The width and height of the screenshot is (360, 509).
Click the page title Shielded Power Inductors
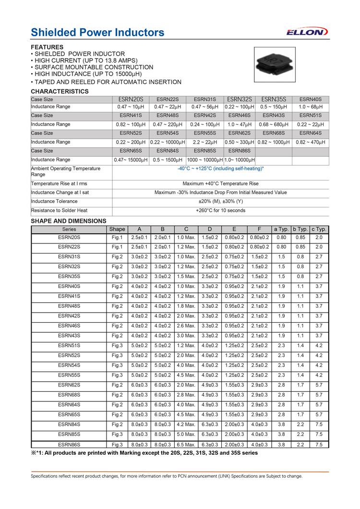(97, 32)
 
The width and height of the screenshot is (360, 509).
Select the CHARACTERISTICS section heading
(60, 91)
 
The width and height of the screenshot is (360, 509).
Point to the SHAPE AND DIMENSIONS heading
(69, 221)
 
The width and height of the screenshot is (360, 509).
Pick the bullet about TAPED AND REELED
(106, 82)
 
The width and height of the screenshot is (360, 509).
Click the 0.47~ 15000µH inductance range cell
(131, 159)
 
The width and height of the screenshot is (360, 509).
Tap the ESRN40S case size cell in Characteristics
(311, 99)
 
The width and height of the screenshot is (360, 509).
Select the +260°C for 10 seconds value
(220, 210)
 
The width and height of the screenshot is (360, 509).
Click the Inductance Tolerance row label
(54, 202)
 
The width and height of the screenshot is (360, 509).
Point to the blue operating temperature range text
(220, 169)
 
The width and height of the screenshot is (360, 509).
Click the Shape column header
(117, 229)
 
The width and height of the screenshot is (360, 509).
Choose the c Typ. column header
(319, 229)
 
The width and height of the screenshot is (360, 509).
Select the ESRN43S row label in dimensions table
(69, 336)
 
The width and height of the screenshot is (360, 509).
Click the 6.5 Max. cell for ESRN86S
(186, 445)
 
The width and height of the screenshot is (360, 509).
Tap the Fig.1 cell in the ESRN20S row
(117, 237)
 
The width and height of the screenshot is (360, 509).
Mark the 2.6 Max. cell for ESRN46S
(186, 326)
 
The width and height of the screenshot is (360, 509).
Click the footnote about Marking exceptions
(144, 453)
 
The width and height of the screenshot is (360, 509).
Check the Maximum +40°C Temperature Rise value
(220, 184)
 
